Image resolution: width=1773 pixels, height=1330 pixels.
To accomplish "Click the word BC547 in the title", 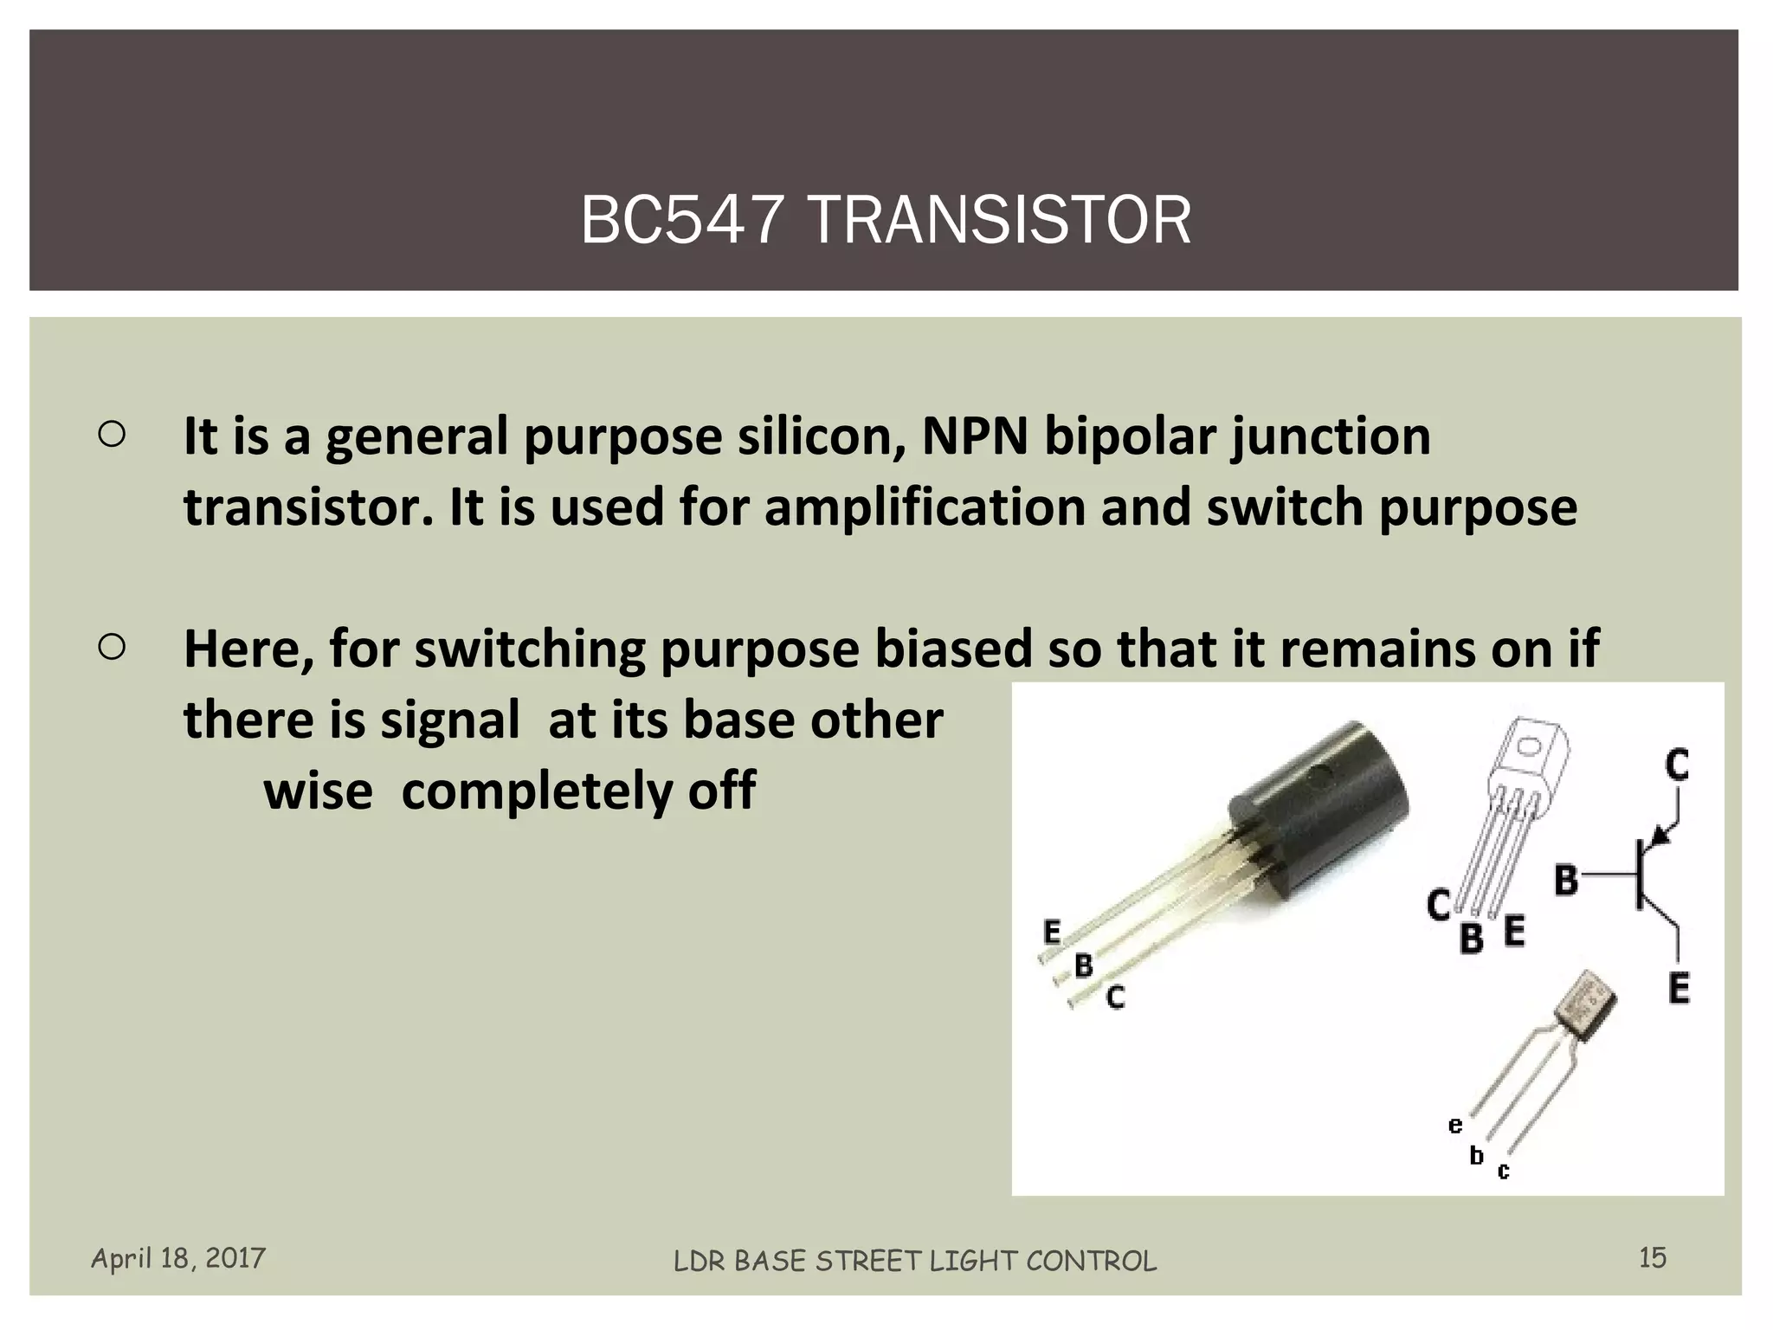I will coord(681,221).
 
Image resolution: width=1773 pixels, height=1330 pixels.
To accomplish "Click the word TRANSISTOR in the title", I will coord(999,221).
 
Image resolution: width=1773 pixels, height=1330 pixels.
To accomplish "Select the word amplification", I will coord(925,507).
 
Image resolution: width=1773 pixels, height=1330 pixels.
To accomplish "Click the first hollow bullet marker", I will coord(113,435).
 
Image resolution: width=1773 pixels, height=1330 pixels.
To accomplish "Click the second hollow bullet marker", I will coord(113,647).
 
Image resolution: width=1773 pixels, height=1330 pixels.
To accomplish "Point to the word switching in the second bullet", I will coord(530,649).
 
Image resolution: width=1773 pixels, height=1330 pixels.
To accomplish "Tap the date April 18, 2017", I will coord(178,1257).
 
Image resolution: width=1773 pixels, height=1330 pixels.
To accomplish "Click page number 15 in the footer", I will coord(1652,1257).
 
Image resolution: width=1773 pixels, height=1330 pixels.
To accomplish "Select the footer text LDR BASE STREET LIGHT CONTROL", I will coord(914,1261).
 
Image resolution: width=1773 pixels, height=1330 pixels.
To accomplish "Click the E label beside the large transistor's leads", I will coord(1052,933).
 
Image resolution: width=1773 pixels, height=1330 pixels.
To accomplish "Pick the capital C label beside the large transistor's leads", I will coord(1116,997).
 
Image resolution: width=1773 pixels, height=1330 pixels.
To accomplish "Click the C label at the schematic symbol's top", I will coord(1677,765).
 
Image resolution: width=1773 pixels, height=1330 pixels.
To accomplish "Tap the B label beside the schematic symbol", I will coord(1565,880).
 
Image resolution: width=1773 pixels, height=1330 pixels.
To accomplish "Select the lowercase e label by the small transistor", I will coord(1455,1125).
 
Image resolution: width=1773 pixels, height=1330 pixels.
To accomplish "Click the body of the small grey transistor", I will coord(1584,1009).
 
